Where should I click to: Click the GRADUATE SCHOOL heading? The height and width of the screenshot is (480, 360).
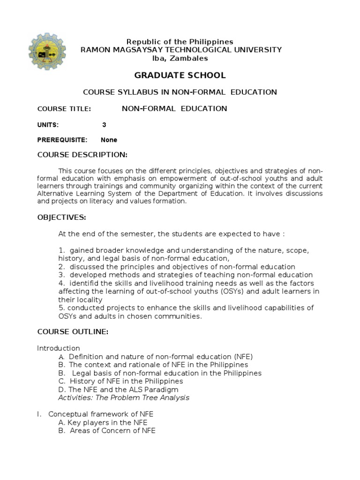[x=180, y=75]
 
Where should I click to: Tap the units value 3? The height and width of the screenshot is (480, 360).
[x=104, y=125]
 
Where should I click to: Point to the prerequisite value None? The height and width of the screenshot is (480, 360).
[x=109, y=140]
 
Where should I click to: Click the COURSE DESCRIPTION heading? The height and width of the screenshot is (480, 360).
[x=82, y=155]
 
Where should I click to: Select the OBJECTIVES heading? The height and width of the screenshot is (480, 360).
[x=61, y=217]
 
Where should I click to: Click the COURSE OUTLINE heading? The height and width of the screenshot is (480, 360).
[x=73, y=332]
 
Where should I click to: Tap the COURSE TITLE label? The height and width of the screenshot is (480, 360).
[x=64, y=109]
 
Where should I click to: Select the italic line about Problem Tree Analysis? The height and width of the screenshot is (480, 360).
[x=124, y=397]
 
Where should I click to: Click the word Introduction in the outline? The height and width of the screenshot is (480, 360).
[x=59, y=348]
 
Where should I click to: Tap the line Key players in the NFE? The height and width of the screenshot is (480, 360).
[x=101, y=422]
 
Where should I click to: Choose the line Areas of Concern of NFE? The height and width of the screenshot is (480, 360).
[x=107, y=431]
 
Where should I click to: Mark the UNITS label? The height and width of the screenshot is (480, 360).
[x=48, y=125]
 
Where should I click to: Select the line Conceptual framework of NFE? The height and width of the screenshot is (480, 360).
[x=101, y=414]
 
